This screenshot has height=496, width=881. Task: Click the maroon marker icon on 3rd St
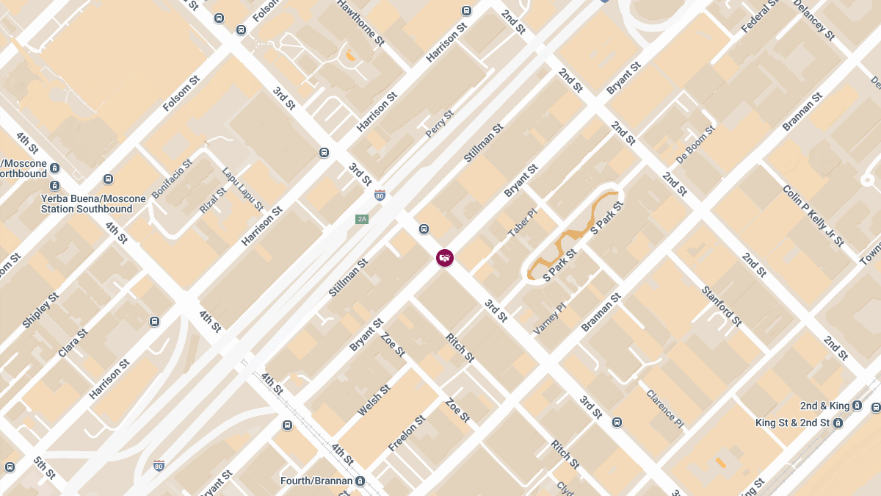(x=445, y=258)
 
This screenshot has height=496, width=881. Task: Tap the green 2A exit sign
(x=361, y=219)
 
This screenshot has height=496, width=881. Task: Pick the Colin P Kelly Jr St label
(x=813, y=216)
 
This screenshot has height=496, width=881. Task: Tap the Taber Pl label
(x=523, y=223)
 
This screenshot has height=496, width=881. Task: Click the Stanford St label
(x=722, y=306)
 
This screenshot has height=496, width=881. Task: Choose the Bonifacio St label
(x=171, y=179)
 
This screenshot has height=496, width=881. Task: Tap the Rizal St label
(x=213, y=201)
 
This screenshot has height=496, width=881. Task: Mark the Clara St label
(x=73, y=343)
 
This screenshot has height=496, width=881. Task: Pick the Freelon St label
(x=407, y=434)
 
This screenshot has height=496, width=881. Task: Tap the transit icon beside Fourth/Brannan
(x=360, y=481)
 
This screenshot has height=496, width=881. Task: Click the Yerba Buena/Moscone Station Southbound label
(x=87, y=204)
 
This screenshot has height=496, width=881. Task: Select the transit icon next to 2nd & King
(x=876, y=406)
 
